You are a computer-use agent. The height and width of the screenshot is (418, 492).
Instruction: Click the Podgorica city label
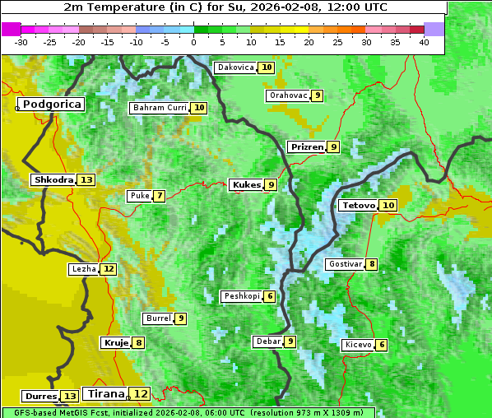tap(51, 104)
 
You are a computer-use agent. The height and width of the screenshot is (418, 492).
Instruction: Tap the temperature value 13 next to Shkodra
tap(86, 180)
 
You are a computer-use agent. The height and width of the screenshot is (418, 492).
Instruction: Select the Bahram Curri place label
tap(160, 108)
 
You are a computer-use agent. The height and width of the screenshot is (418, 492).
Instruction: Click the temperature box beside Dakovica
tap(266, 67)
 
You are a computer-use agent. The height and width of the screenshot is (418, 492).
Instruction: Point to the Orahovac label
tap(288, 95)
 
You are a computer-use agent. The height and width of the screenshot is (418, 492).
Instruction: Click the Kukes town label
tap(246, 185)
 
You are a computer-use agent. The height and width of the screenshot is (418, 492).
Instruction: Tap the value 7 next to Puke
tap(159, 196)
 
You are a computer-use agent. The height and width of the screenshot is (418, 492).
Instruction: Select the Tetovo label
tap(358, 205)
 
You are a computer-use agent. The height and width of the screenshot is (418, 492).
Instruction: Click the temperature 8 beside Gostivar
tap(372, 264)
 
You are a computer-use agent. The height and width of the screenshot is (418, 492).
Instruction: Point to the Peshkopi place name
tap(242, 296)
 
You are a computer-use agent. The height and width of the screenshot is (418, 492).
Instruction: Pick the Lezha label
tap(83, 269)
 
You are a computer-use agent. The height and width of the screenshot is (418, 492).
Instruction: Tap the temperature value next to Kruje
tap(139, 343)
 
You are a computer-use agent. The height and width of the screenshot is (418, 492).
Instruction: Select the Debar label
tap(268, 341)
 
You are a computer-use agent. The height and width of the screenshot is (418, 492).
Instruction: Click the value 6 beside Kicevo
tap(382, 345)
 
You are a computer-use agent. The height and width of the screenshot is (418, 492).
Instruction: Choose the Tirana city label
tap(105, 394)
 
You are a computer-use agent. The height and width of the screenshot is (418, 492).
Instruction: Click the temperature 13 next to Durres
tap(70, 397)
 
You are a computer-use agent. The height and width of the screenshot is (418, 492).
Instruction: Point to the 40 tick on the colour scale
tap(424, 41)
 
